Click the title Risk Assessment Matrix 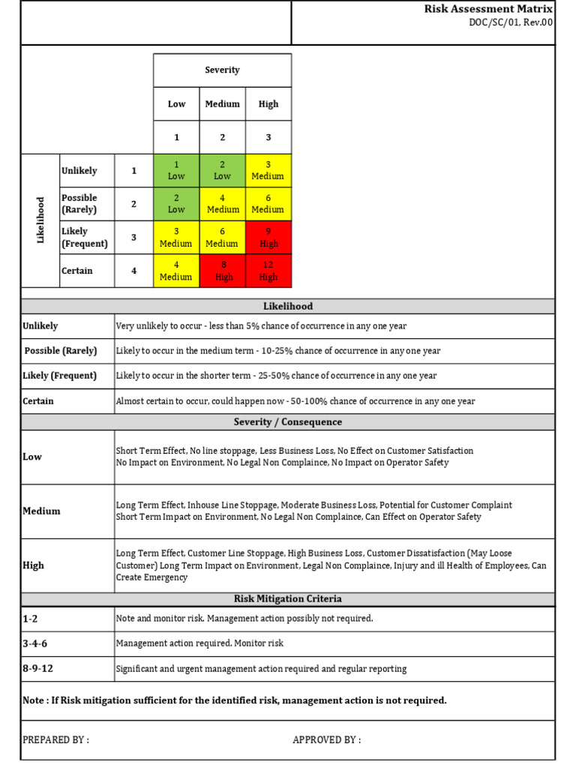(488, 9)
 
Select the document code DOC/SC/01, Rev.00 (510, 22)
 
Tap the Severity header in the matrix (222, 70)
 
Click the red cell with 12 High (268, 271)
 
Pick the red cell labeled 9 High (268, 238)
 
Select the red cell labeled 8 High (222, 271)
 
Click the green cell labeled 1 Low (176, 170)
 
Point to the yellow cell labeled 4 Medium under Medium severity (222, 204)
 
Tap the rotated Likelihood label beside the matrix (41, 220)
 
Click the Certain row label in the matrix (77, 271)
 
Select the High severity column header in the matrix (268, 104)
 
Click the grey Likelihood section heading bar (288, 306)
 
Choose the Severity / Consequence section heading (288, 422)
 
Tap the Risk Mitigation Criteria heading (288, 599)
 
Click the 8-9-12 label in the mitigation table (38, 668)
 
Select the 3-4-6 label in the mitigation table (35, 643)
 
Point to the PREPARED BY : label (55, 739)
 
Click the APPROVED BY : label (326, 739)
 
